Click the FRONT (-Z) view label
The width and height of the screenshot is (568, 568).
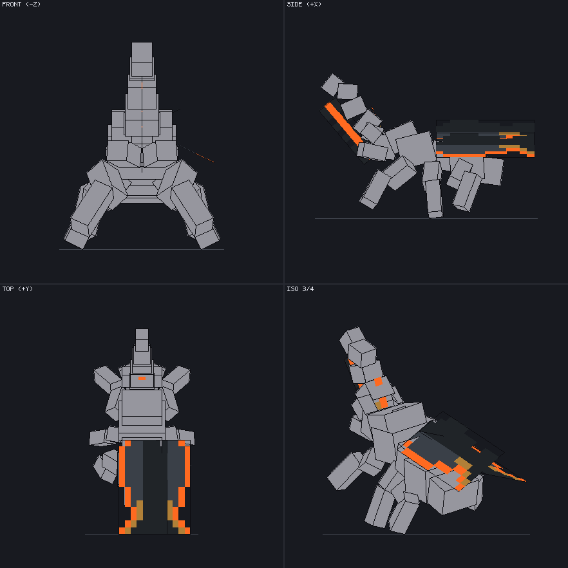point(21,5)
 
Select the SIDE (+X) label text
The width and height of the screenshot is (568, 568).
point(304,5)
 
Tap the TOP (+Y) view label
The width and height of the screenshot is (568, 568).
point(17,289)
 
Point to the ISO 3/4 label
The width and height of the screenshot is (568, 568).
point(300,289)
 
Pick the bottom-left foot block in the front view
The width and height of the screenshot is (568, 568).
point(77,237)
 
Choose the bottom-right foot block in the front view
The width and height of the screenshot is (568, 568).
point(207,237)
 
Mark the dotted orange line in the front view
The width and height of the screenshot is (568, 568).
point(196,153)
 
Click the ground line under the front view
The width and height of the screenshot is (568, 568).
point(142,250)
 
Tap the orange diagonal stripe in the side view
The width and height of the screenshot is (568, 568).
point(343,124)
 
